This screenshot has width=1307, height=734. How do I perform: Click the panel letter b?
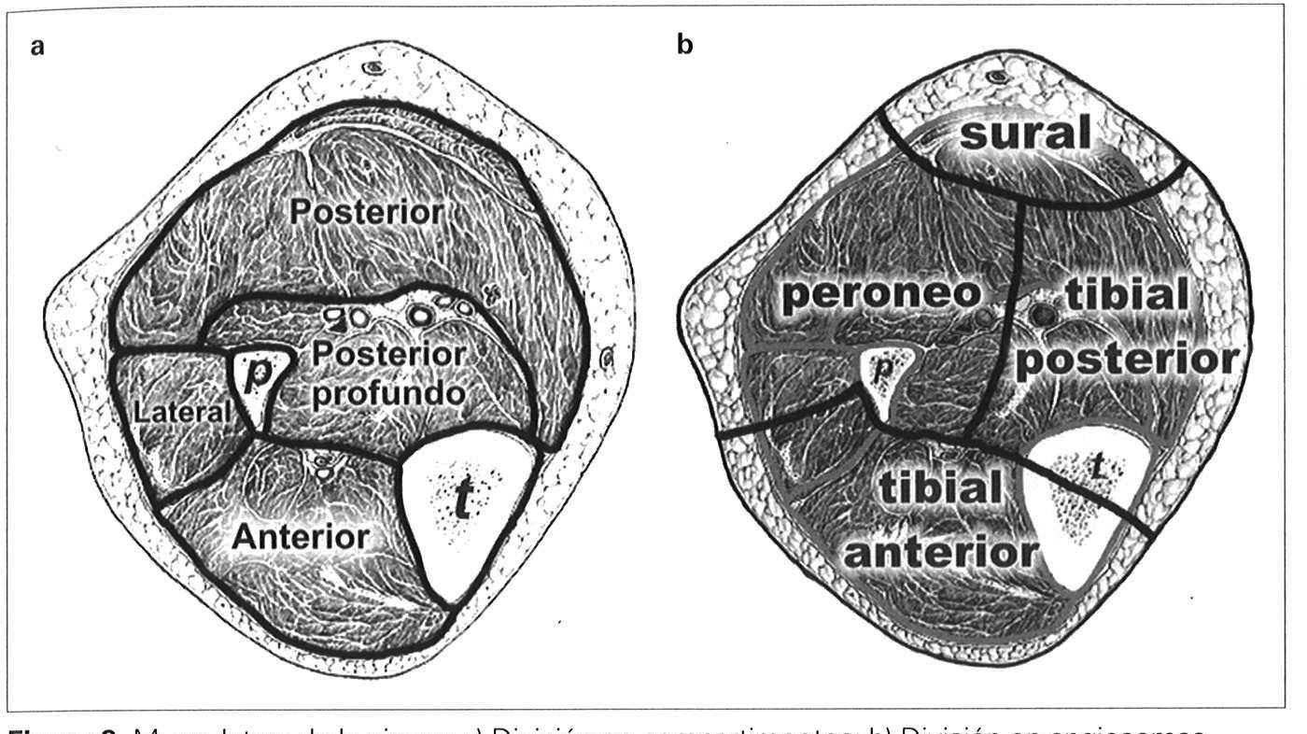pyautogui.click(x=685, y=46)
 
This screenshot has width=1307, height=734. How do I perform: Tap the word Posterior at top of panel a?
pyautogui.click(x=366, y=212)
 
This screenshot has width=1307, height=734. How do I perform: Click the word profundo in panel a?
pyautogui.click(x=388, y=393)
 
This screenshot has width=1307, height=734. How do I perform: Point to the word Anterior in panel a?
pyautogui.click(x=301, y=537)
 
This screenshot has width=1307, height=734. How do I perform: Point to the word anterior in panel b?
pyautogui.click(x=941, y=553)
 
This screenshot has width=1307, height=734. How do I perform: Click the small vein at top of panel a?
pyautogui.click(x=375, y=67)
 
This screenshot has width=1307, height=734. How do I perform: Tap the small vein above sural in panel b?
pyautogui.click(x=999, y=73)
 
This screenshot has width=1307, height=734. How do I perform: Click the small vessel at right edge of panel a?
pyautogui.click(x=609, y=356)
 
